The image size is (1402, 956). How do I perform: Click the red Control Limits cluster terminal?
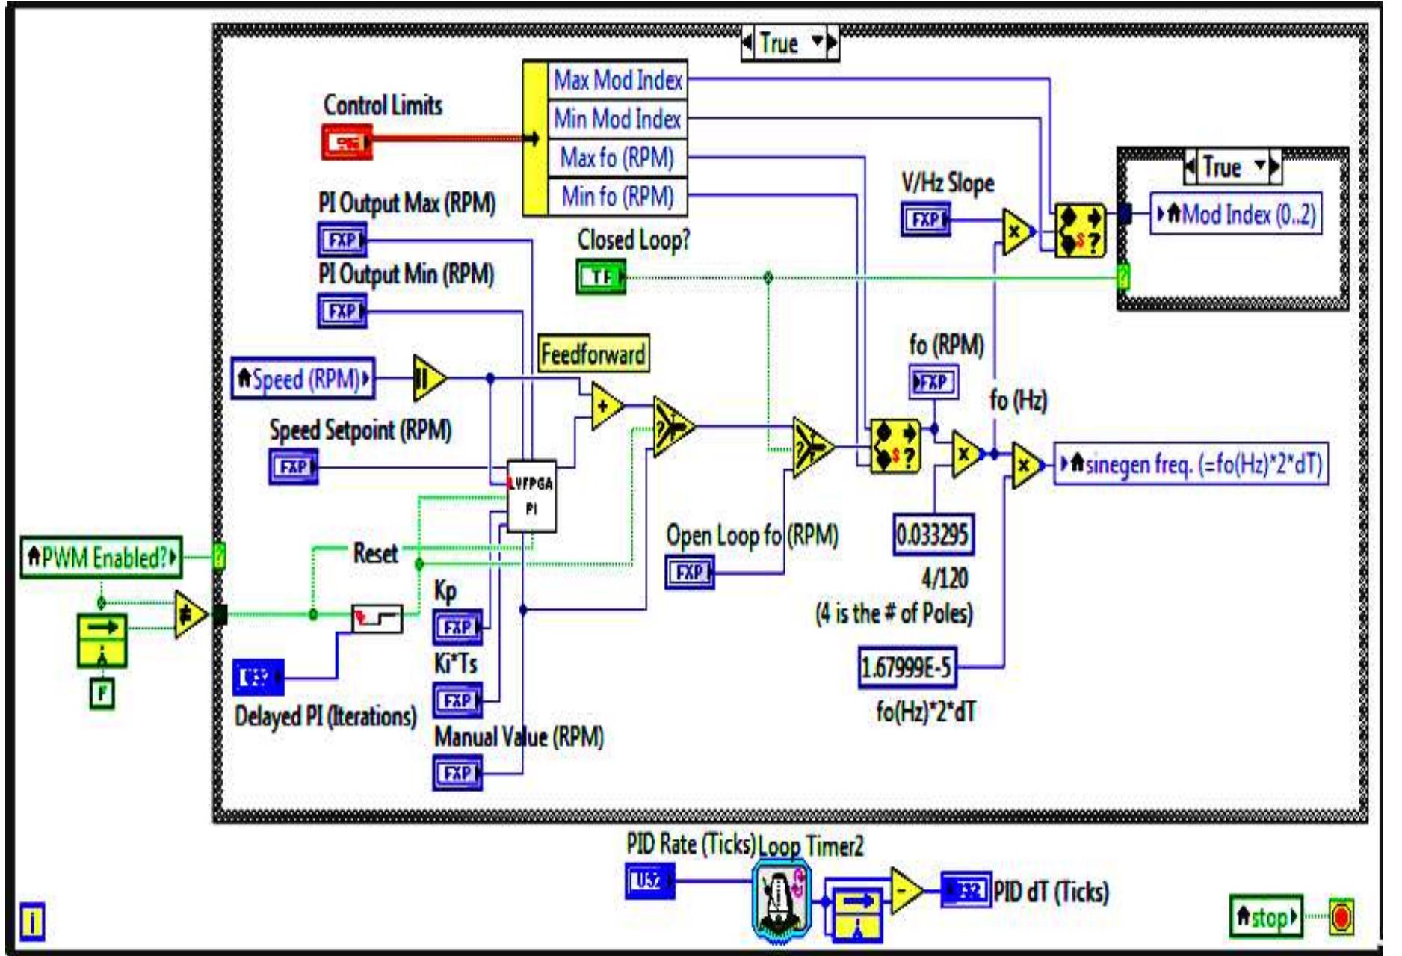(347, 141)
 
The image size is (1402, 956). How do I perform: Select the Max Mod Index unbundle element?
(617, 80)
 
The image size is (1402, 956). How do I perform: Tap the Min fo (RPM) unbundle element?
(617, 197)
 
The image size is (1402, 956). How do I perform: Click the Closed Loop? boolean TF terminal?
(601, 277)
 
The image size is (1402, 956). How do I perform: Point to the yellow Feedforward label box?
(593, 354)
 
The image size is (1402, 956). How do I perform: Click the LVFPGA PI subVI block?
(531, 496)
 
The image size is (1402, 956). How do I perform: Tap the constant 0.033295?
(933, 534)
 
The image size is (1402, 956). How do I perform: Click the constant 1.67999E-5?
(907, 667)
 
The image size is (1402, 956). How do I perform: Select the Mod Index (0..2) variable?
(1235, 215)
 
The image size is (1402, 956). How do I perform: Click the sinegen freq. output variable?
(1191, 464)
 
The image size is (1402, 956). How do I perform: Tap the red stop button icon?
(1341, 917)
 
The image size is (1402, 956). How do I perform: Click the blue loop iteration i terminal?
(31, 922)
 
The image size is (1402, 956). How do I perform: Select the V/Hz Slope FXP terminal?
(925, 220)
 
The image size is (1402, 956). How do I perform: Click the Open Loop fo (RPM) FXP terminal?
(689, 573)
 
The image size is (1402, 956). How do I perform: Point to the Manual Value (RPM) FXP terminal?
(457, 773)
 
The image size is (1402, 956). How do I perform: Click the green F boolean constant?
(102, 693)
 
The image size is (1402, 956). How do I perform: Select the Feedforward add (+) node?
(605, 406)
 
